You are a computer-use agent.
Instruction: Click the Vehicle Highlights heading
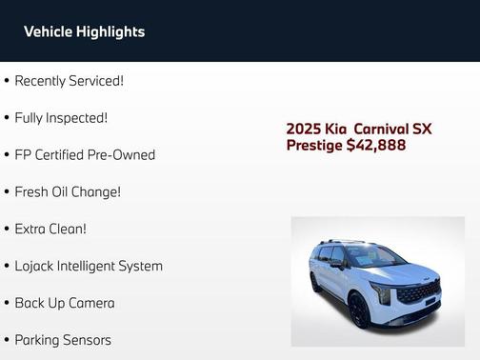pyautogui.click(x=84, y=31)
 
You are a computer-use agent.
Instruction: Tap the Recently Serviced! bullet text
pyautogui.click(x=69, y=81)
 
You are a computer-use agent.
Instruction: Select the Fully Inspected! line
pyautogui.click(x=61, y=118)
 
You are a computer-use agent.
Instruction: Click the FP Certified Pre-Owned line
pyautogui.click(x=85, y=154)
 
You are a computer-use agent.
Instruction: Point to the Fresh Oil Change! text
pyautogui.click(x=68, y=191)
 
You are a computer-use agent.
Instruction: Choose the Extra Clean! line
pyautogui.click(x=50, y=229)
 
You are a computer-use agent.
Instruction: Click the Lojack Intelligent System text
pyautogui.click(x=89, y=266)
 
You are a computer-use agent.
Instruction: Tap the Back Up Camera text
pyautogui.click(x=65, y=303)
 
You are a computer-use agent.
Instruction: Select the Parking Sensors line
pyautogui.click(x=63, y=340)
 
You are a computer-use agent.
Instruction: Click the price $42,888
pyautogui.click(x=376, y=146)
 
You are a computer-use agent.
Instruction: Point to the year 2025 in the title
pyautogui.click(x=305, y=129)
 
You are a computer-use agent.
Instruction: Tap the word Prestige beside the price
pyautogui.click(x=314, y=146)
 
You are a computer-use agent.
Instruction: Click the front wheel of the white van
pyautogui.click(x=359, y=310)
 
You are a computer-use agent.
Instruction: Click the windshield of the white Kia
pyautogui.click(x=374, y=255)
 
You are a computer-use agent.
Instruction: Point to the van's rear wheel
pyautogui.click(x=315, y=283)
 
